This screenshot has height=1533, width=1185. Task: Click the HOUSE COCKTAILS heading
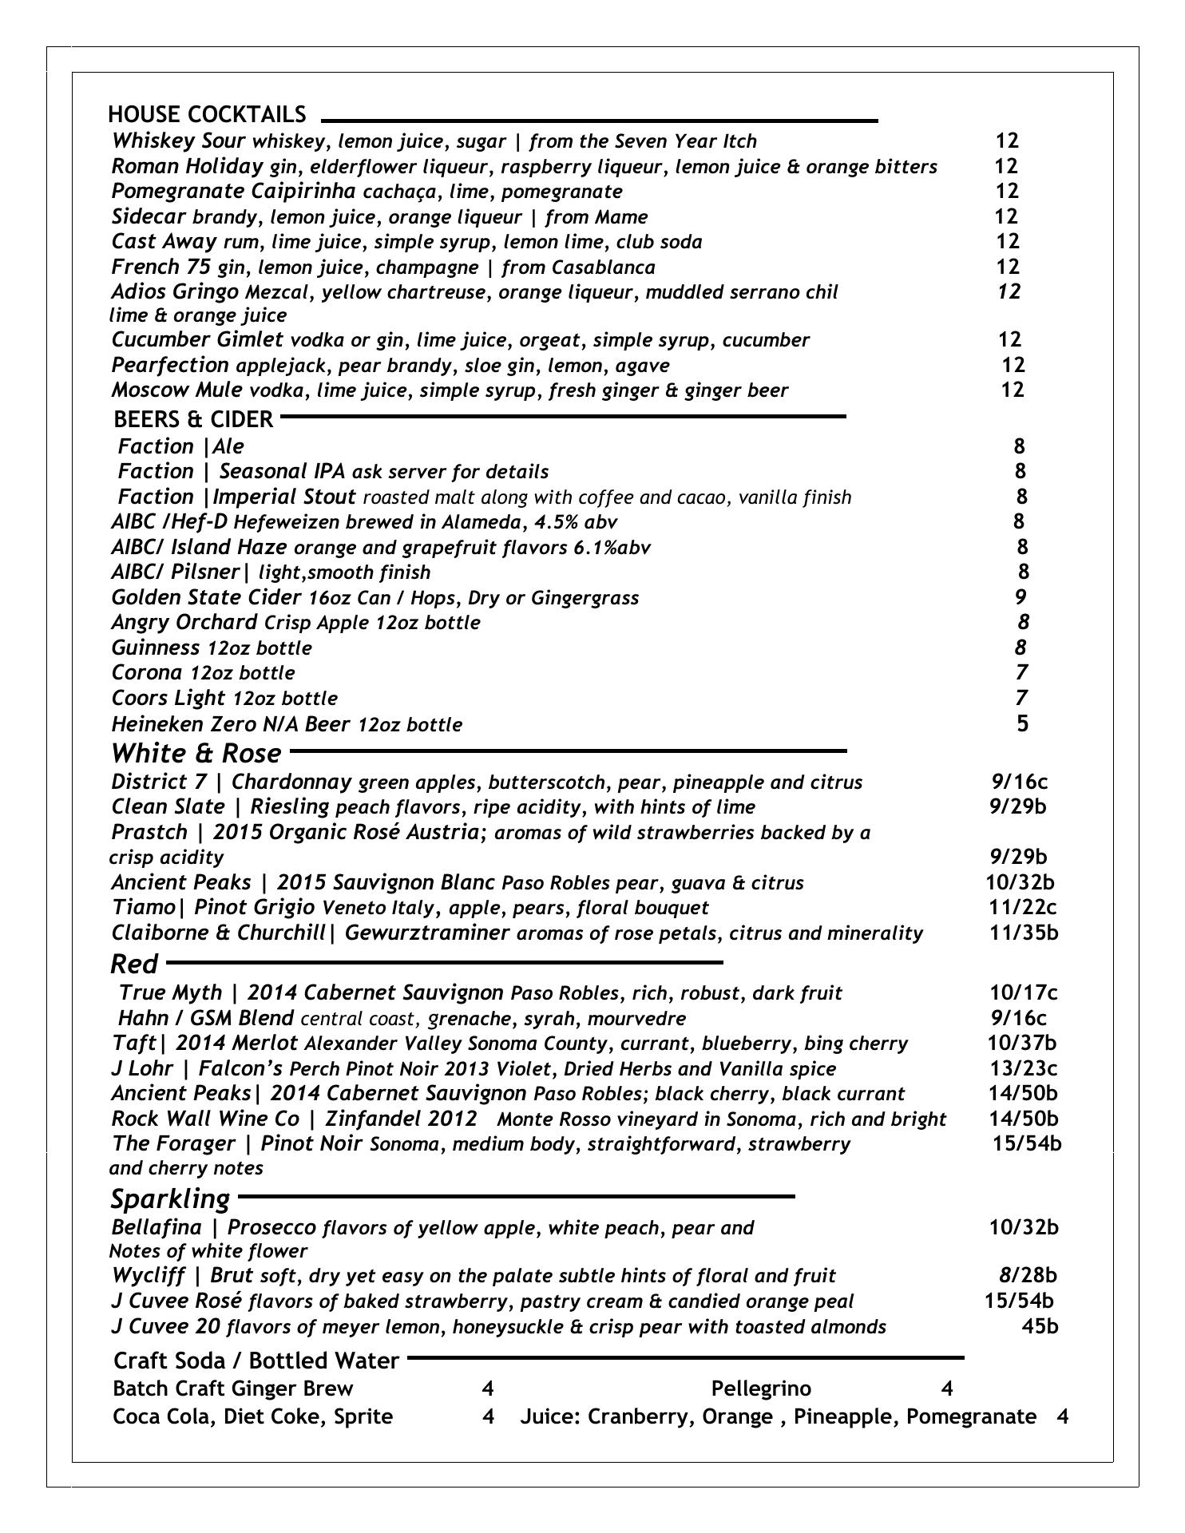207,114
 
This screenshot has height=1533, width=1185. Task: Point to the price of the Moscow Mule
1012,390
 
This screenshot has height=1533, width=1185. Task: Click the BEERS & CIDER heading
193,419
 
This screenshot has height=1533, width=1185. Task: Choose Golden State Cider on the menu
206,597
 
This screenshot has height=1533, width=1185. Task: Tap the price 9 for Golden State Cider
1021,597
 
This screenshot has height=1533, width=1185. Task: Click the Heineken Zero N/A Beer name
230,724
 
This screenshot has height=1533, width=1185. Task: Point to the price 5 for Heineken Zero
1023,723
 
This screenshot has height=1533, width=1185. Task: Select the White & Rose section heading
196,753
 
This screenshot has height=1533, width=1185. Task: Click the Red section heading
134,965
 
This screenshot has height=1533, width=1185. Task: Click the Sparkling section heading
170,1198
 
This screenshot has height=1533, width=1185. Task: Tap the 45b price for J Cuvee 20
1040,1326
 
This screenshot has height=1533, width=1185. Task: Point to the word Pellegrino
761,1389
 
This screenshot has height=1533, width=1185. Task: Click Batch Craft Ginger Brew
233,1389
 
